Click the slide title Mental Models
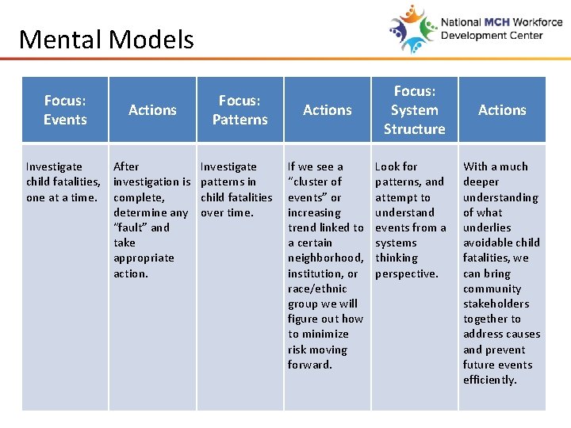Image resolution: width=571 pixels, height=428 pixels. click(x=106, y=39)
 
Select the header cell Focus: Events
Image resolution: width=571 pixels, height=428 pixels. click(x=65, y=110)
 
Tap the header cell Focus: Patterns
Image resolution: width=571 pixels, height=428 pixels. click(x=240, y=110)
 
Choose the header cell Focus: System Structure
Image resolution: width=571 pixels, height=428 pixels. click(x=414, y=110)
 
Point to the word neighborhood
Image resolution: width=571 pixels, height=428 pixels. click(x=324, y=258)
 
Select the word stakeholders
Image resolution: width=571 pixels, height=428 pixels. click(x=496, y=304)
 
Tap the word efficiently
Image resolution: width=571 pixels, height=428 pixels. click(x=489, y=380)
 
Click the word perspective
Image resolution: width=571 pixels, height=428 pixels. click(x=406, y=273)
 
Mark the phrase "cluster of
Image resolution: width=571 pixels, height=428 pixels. click(x=315, y=182)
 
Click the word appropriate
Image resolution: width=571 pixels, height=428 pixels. click(x=144, y=258)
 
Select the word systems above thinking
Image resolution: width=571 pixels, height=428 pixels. click(x=396, y=243)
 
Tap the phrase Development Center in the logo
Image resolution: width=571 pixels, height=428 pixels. click(x=491, y=36)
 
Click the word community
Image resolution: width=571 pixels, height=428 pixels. click(x=492, y=289)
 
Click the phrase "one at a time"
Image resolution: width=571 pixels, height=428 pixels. click(x=62, y=197)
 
